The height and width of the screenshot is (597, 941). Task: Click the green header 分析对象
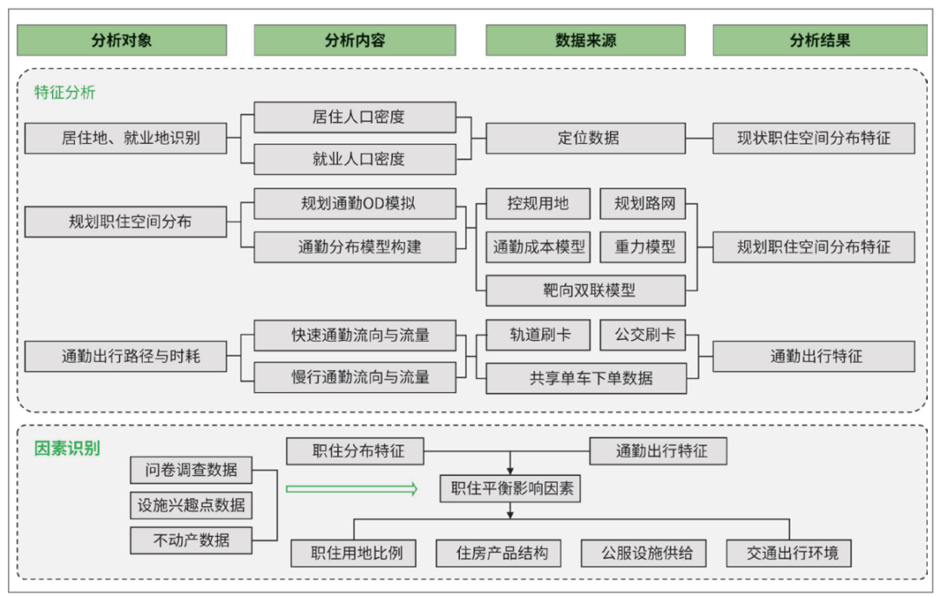point(122,40)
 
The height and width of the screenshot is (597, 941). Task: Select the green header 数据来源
point(586,40)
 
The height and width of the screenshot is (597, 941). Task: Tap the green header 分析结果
point(820,40)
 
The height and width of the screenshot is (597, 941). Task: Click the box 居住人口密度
point(355,117)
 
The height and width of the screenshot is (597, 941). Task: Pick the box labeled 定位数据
point(586,138)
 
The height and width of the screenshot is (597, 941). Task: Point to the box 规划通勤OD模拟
point(355,203)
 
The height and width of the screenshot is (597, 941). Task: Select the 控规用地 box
point(538,203)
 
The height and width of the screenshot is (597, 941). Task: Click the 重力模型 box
point(643,247)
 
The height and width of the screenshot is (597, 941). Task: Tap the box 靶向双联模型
point(586,290)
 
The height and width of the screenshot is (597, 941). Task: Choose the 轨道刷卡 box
point(538,335)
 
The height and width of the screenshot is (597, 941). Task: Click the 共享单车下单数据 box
point(586,378)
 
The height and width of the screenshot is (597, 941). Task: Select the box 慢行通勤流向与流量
point(355,377)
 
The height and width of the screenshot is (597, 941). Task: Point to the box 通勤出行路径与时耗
point(126,356)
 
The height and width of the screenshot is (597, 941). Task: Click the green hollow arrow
point(352,489)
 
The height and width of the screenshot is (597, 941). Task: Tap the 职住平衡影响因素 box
point(510,489)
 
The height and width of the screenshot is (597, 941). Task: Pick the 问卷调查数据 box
point(191,470)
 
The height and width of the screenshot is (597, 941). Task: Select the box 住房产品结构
point(498,553)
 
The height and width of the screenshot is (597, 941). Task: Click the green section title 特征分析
point(64,92)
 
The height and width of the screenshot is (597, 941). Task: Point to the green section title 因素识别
point(66,448)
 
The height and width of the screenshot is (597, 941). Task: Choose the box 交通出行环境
point(789,553)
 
